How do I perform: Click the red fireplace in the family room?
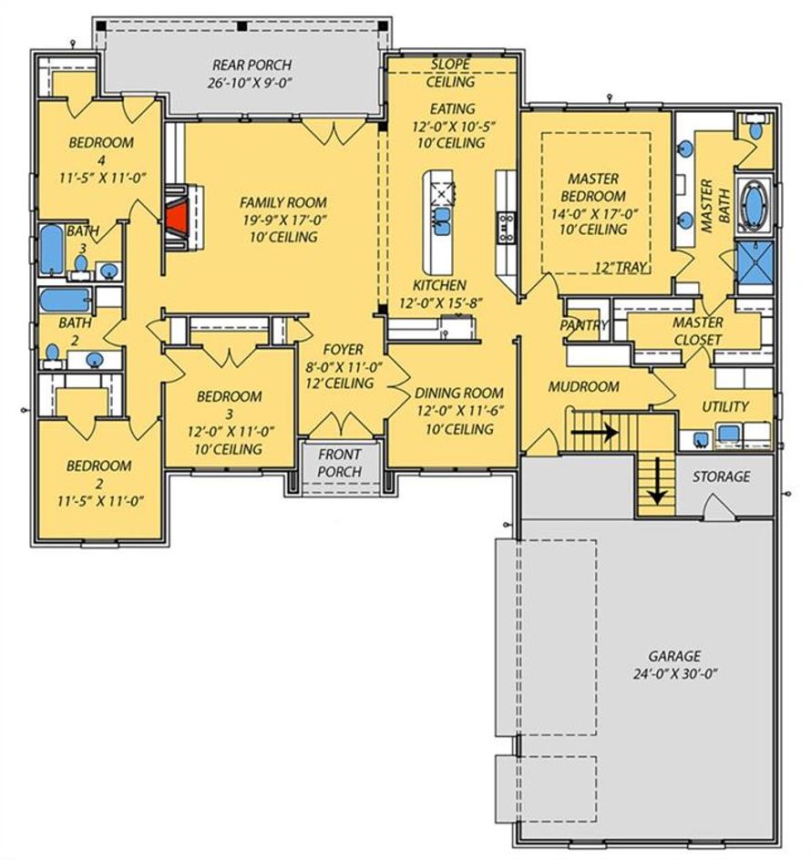coord(177,219)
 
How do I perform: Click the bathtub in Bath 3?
coord(52,250)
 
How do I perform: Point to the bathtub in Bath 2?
coord(66,300)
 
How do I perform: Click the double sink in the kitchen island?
coord(442,220)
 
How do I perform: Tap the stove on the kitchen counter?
coord(506,228)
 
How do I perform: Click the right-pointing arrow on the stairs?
coord(595,432)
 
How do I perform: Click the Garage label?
coord(674,656)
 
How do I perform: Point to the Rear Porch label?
coord(252,65)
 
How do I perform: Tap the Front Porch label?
coord(340,463)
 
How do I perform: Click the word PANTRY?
coord(584,325)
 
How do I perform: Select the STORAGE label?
coord(721,476)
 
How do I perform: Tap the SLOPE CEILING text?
coord(450,73)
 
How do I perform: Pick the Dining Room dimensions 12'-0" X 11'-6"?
coord(460,411)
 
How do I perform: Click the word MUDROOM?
coord(584,386)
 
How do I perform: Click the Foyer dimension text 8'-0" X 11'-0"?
coord(344,366)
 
